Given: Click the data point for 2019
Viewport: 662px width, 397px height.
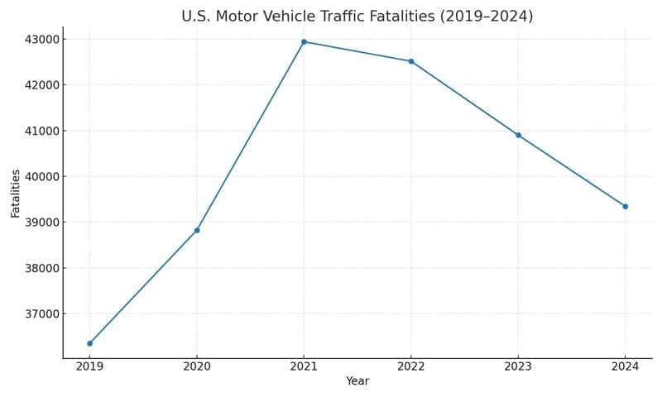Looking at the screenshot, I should pos(89,343).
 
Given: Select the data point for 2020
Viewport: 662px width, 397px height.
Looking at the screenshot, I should pos(197,230).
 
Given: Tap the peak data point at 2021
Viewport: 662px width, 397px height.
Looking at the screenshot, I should pos(304,41).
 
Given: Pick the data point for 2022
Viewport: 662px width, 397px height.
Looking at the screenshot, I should pos(411,61).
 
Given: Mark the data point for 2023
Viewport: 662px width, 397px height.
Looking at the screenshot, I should pos(519,135).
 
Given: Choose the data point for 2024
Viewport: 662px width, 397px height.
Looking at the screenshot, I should pos(626,206).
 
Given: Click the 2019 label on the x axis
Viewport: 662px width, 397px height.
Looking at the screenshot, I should pos(89,366).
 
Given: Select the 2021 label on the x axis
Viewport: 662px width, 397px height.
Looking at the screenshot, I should pos(304,366).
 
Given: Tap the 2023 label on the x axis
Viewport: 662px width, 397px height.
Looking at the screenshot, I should pos(519,366).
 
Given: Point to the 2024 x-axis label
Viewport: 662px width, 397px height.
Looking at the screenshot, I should pos(626,366).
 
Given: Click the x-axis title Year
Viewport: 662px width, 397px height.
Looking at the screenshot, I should pos(357,381).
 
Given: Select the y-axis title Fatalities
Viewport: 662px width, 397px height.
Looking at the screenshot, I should pos(16,193).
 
